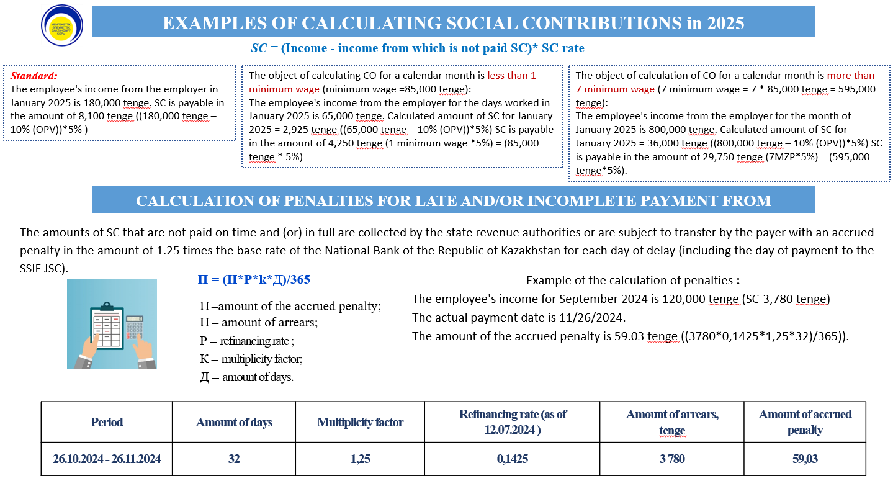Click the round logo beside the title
click(61, 25)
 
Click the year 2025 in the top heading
click(724, 23)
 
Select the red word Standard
click(34, 76)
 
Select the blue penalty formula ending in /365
click(254, 280)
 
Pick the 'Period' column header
click(107, 422)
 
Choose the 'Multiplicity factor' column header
click(360, 422)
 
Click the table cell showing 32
click(233, 459)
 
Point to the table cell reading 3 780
click(672, 459)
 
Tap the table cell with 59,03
click(805, 459)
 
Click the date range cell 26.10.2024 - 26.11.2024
click(107, 459)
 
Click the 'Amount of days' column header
click(234, 422)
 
